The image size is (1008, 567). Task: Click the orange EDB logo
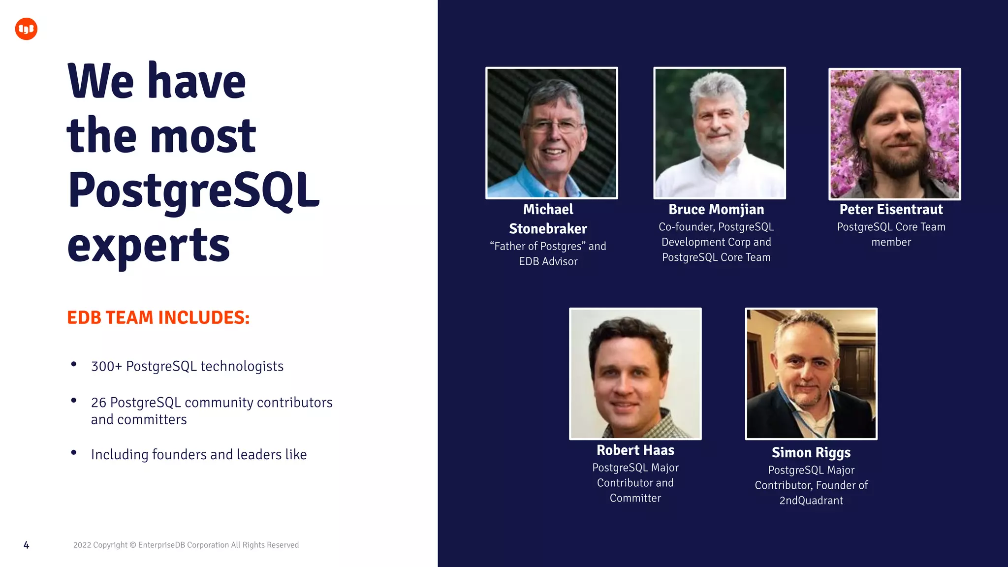(26, 29)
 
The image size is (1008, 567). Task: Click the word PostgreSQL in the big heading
(194, 190)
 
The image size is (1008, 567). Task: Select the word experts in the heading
(149, 245)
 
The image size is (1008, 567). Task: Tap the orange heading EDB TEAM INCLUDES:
(158, 317)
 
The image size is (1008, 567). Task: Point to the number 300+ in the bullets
(106, 366)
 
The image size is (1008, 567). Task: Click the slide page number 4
(27, 545)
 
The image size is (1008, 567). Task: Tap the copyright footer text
(186, 545)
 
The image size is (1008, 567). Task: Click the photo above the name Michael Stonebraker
(551, 133)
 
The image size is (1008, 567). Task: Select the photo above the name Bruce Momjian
(719, 133)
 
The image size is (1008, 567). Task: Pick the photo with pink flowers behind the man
(894, 134)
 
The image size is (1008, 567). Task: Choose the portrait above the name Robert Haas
(635, 374)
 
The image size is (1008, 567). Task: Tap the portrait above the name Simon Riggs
(811, 374)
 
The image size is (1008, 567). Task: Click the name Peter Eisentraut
(891, 210)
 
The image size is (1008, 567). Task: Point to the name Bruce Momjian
(716, 210)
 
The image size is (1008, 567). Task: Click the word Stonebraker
(548, 229)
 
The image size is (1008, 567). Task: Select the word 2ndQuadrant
(811, 501)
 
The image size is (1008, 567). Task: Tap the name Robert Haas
(635, 450)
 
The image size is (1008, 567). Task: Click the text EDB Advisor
(548, 261)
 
